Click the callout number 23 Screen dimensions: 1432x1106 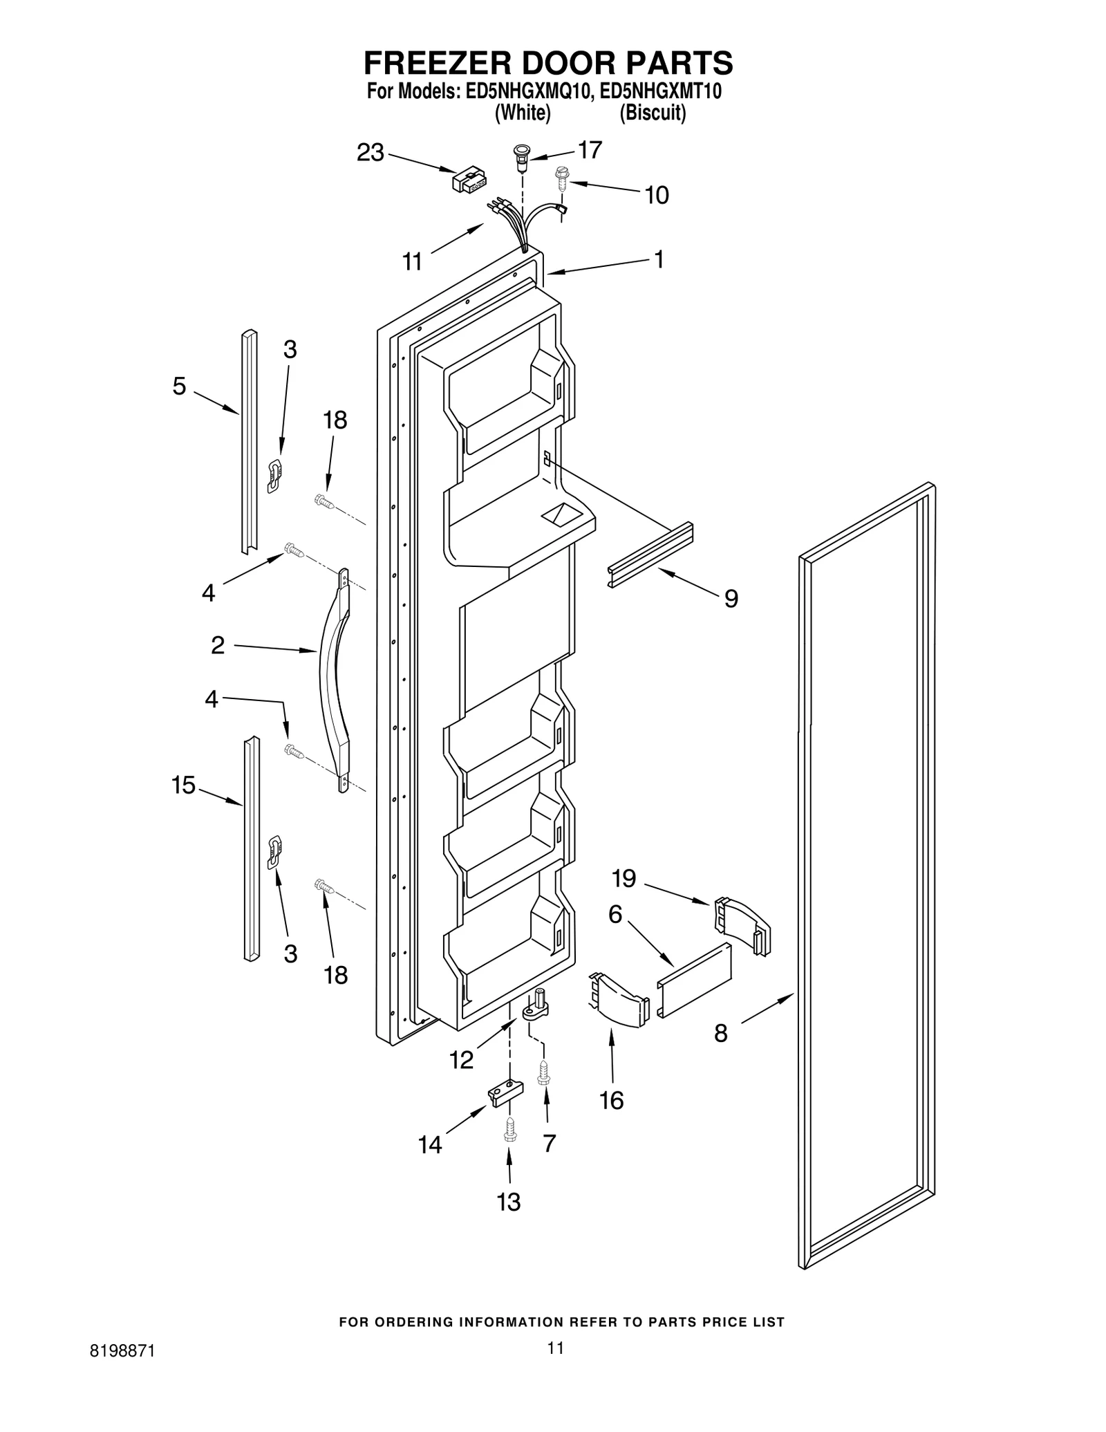pyautogui.click(x=370, y=153)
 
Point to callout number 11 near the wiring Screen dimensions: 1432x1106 pyautogui.click(x=412, y=262)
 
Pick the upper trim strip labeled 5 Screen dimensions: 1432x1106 pyautogui.click(x=249, y=443)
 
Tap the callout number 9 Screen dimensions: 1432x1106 pyautogui.click(x=731, y=598)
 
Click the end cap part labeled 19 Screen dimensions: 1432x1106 pyautogui.click(x=741, y=924)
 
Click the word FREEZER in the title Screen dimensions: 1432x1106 pyautogui.click(x=438, y=63)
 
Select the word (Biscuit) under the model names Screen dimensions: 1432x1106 pyautogui.click(x=653, y=113)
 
